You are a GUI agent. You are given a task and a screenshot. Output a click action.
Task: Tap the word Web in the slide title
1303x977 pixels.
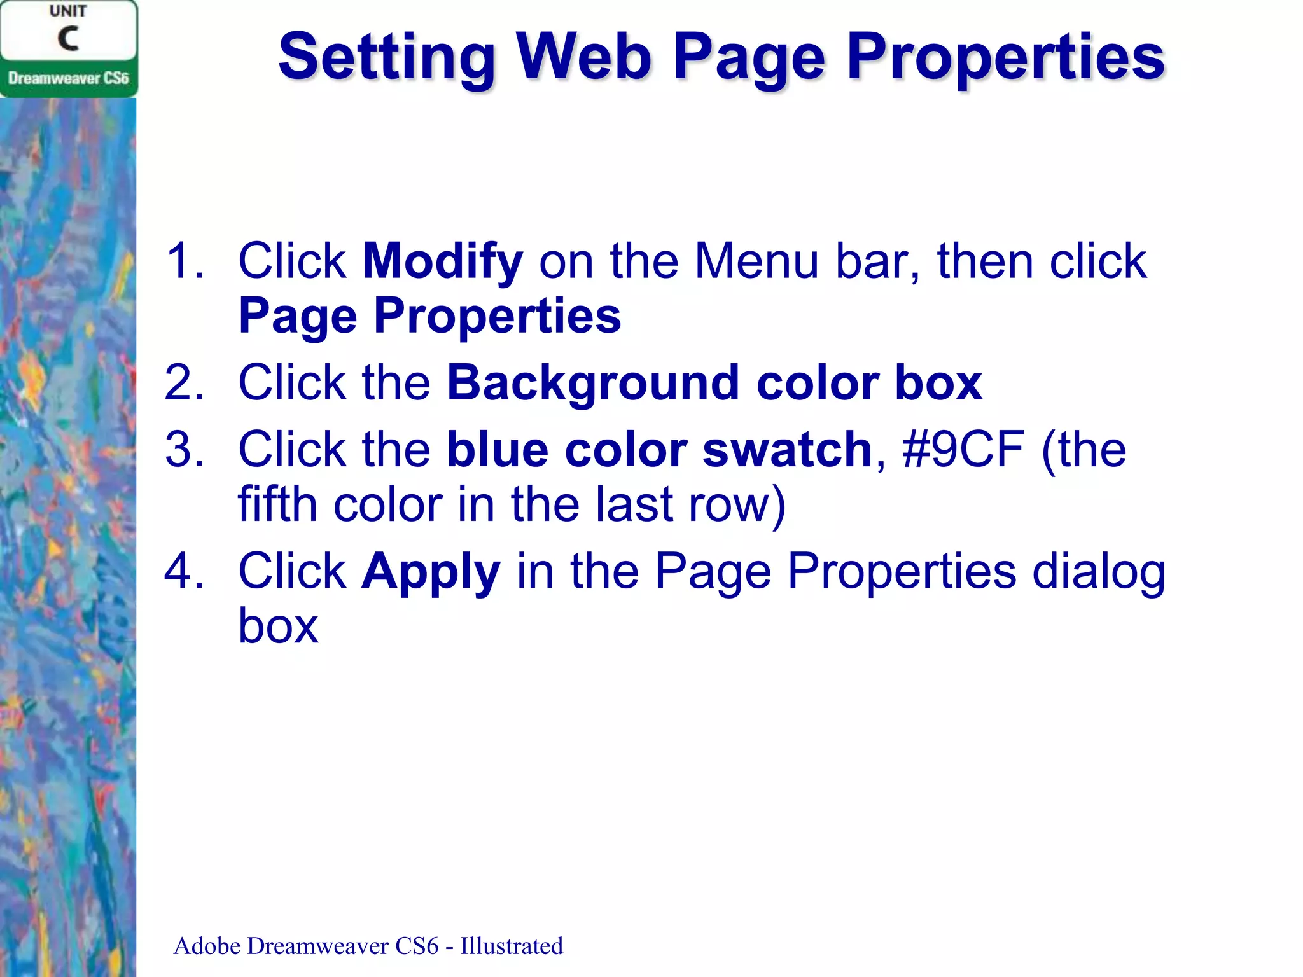584,57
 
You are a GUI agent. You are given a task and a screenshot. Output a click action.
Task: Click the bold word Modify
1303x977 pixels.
442,262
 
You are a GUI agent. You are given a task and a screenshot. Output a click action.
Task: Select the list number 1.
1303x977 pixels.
185,261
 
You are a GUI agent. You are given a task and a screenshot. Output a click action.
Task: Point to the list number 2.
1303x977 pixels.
185,383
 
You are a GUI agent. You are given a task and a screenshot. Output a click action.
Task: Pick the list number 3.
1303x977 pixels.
185,450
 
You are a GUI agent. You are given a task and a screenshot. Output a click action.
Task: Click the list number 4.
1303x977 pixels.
185,571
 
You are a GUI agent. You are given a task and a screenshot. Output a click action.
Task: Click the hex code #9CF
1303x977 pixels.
963,450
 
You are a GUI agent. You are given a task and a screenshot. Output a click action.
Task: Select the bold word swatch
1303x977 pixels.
787,450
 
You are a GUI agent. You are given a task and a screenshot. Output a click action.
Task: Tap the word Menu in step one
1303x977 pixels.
756,261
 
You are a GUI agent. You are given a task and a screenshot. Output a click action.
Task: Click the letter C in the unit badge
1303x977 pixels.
68,38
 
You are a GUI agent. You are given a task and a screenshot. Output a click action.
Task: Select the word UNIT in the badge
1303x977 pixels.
68,11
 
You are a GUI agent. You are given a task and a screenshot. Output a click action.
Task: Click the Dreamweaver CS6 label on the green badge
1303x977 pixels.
68,78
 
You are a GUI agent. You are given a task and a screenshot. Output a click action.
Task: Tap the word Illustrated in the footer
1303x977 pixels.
512,946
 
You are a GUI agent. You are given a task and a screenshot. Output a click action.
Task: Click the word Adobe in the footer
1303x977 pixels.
207,946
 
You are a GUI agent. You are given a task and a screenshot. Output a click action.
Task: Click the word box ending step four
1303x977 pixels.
278,627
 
